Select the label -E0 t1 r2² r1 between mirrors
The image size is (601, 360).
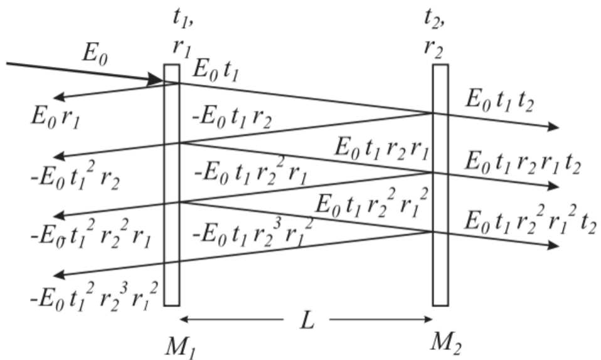click(x=250, y=174)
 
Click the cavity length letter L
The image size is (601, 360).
click(x=306, y=322)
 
